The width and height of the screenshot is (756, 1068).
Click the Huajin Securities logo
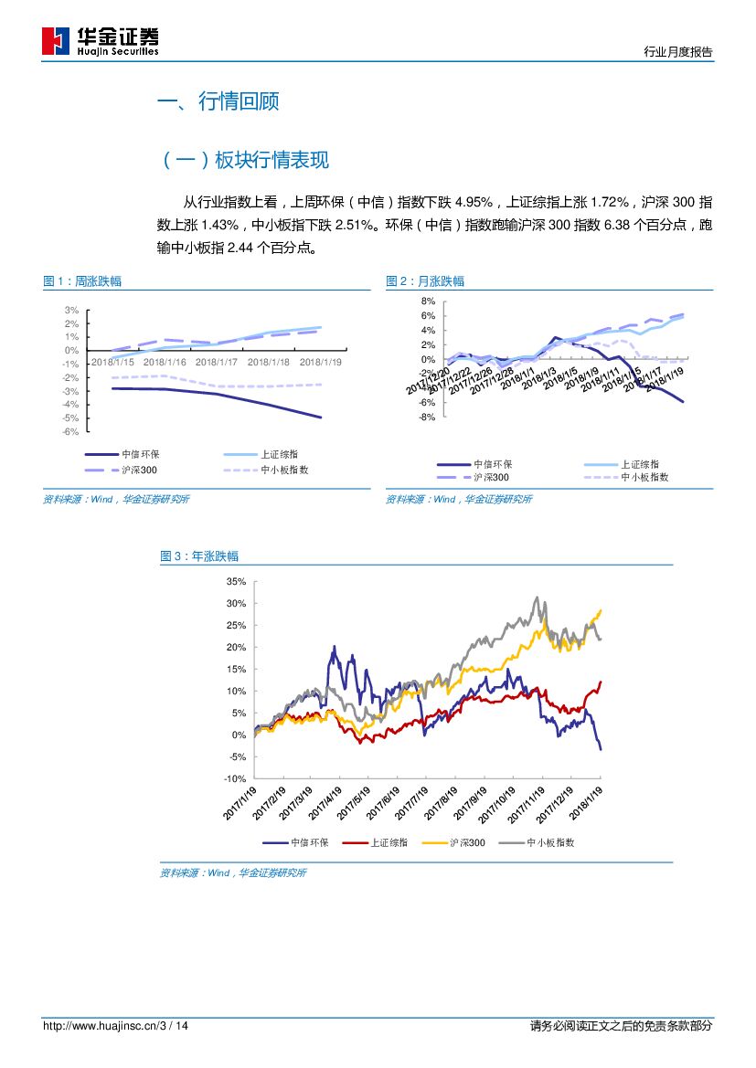coord(101,41)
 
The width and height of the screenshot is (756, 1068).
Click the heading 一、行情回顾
coord(218,101)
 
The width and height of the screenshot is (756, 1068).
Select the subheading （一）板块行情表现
coord(244,161)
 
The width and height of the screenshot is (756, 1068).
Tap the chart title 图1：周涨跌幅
coord(82,281)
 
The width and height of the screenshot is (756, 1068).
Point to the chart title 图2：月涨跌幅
coord(425,281)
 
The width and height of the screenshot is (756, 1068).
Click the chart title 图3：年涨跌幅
coord(199,556)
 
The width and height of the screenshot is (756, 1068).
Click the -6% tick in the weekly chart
coord(71,431)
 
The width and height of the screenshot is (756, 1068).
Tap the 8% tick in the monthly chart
coord(428,301)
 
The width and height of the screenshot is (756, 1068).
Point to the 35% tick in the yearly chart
coord(236,582)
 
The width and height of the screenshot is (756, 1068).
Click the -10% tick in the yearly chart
coord(235,778)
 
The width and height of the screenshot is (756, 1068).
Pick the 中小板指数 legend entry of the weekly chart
coord(284,470)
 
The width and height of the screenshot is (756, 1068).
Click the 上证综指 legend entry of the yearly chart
coord(389,843)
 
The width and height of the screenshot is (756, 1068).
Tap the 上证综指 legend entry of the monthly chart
coord(640,464)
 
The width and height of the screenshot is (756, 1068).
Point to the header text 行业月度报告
coord(678,52)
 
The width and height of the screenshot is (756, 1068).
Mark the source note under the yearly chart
coord(233,873)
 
